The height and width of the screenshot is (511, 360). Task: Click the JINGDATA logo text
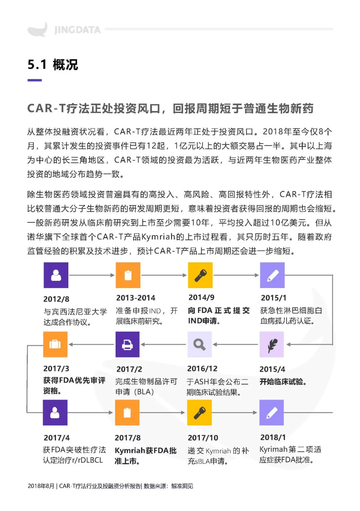click(77, 30)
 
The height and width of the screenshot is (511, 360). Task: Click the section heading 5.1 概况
click(53, 64)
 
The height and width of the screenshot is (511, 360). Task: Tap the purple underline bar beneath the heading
click(34, 80)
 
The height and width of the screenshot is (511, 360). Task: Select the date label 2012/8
click(56, 299)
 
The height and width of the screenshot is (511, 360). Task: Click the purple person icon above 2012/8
click(56, 275)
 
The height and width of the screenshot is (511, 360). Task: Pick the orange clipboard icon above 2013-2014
click(128, 275)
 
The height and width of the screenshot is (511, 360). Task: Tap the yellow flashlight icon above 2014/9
click(200, 275)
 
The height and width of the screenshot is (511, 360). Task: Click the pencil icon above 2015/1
click(272, 275)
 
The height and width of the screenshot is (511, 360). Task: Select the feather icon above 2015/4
click(272, 345)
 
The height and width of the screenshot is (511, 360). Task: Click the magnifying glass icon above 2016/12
click(199, 345)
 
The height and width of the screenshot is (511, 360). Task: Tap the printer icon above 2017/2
click(127, 345)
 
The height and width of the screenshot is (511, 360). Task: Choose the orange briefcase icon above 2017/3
click(55, 345)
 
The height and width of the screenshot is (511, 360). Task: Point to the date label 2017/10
click(203, 438)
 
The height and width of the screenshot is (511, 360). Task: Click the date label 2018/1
click(273, 437)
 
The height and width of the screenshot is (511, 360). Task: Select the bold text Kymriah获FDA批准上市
click(145, 456)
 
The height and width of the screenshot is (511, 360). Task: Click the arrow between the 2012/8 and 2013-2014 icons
click(92, 275)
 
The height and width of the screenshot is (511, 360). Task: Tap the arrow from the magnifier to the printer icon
click(163, 345)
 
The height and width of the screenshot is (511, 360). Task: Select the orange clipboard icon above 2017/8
click(127, 413)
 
